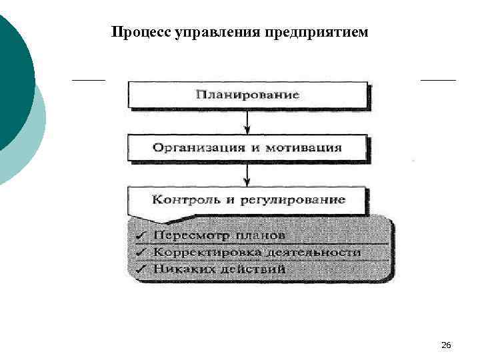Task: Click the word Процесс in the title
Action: [x=141, y=32]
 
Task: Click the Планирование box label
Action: [x=247, y=95]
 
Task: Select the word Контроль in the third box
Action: [x=182, y=199]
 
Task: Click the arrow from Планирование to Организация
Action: [x=247, y=122]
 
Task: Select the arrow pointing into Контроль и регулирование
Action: [x=247, y=175]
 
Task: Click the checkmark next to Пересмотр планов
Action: [x=141, y=235]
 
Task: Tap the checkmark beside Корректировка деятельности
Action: [x=141, y=253]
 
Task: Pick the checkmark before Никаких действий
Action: [x=141, y=269]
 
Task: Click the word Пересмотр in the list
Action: [x=185, y=235]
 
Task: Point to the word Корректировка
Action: [x=195, y=253]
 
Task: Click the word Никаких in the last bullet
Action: [x=179, y=269]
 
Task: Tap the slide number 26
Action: [x=446, y=345]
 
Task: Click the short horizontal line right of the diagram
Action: [x=438, y=80]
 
